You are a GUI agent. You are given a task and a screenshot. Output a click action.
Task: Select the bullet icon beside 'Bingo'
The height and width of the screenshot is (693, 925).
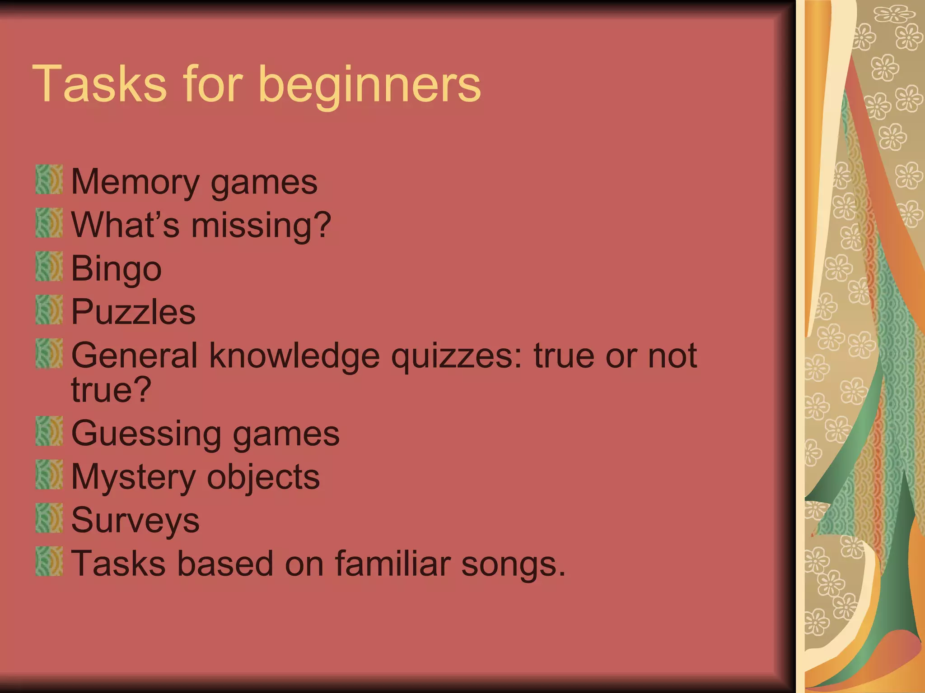tap(49, 266)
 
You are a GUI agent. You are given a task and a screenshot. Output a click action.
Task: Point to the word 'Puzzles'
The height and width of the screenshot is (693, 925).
tap(133, 312)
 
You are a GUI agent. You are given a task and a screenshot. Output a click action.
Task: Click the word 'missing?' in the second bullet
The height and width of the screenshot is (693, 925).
tap(261, 226)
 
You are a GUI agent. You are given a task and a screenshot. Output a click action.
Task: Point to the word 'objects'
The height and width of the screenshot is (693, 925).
tap(263, 477)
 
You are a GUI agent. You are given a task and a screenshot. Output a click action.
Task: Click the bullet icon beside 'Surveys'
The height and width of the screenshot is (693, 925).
tap(49, 518)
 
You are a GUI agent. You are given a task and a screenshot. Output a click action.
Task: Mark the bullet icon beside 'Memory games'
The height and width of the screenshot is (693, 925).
tap(49, 180)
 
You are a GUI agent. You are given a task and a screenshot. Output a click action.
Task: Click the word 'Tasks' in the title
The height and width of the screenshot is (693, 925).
tap(100, 84)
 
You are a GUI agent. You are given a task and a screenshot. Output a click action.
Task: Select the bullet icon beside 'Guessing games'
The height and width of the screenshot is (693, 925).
tap(49, 431)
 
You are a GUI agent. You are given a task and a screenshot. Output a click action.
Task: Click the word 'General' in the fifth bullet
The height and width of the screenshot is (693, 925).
tap(134, 356)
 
